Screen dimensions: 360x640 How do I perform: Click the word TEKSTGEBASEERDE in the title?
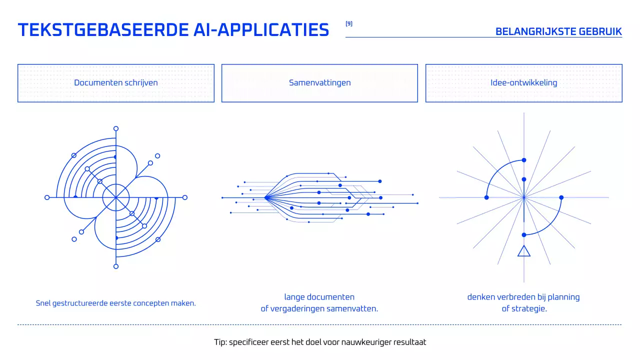[x=102, y=30]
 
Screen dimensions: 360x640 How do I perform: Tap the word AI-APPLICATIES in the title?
[x=261, y=30]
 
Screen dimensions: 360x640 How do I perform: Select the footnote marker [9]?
[x=349, y=23]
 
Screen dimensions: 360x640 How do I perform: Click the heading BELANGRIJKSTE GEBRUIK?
[x=558, y=31]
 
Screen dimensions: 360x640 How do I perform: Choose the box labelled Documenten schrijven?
[x=116, y=83]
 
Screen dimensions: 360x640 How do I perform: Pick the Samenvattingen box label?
[x=319, y=83]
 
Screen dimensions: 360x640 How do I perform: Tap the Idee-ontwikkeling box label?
[x=523, y=83]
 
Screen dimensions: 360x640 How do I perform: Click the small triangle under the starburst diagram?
[x=524, y=251]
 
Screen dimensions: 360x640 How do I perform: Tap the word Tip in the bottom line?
[x=219, y=342]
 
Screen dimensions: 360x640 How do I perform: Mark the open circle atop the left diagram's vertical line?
[x=116, y=128]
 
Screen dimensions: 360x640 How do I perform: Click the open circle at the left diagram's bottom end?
[x=116, y=266]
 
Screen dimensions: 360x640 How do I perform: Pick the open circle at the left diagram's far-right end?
[x=185, y=197]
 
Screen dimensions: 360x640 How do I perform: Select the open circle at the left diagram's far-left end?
[x=47, y=197]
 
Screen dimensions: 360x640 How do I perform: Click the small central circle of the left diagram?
[x=116, y=197]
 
